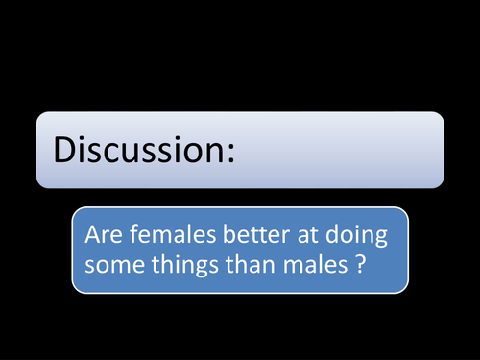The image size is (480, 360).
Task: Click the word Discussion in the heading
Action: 137,150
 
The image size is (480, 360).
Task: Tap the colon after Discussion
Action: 229,152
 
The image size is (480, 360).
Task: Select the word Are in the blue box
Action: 102,233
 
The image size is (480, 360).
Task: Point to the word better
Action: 245,233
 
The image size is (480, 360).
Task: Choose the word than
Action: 250,264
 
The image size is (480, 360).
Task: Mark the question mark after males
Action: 357,264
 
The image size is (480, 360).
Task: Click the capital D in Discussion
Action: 63,150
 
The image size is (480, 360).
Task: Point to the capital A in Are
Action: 91,233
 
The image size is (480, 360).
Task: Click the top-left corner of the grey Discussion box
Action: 38,114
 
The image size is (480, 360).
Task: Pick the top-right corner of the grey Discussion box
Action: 443,114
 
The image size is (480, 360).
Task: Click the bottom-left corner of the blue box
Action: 74,291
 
